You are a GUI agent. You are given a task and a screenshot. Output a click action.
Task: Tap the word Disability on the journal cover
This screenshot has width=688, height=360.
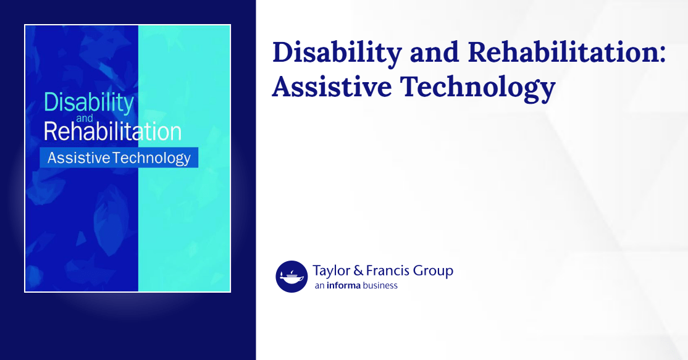pyautogui.click(x=88, y=103)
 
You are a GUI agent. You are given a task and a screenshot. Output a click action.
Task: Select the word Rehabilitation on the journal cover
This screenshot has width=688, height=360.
pyautogui.click(x=112, y=132)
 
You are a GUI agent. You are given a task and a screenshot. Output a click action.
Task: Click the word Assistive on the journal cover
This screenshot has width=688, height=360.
pyautogui.click(x=78, y=158)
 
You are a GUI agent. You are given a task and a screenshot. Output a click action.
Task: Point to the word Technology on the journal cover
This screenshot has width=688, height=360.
pyautogui.click(x=151, y=158)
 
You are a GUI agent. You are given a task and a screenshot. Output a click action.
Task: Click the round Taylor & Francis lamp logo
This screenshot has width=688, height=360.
pyautogui.click(x=292, y=276)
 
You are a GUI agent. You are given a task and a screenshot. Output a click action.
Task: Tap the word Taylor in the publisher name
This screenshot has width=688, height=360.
pyautogui.click(x=332, y=271)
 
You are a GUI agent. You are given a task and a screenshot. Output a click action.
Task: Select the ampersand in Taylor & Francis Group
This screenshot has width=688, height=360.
pyautogui.click(x=360, y=270)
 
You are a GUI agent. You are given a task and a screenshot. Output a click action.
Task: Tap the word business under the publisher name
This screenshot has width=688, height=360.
pyautogui.click(x=380, y=286)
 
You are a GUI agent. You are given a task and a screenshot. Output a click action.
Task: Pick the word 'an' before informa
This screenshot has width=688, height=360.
pyautogui.click(x=319, y=286)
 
